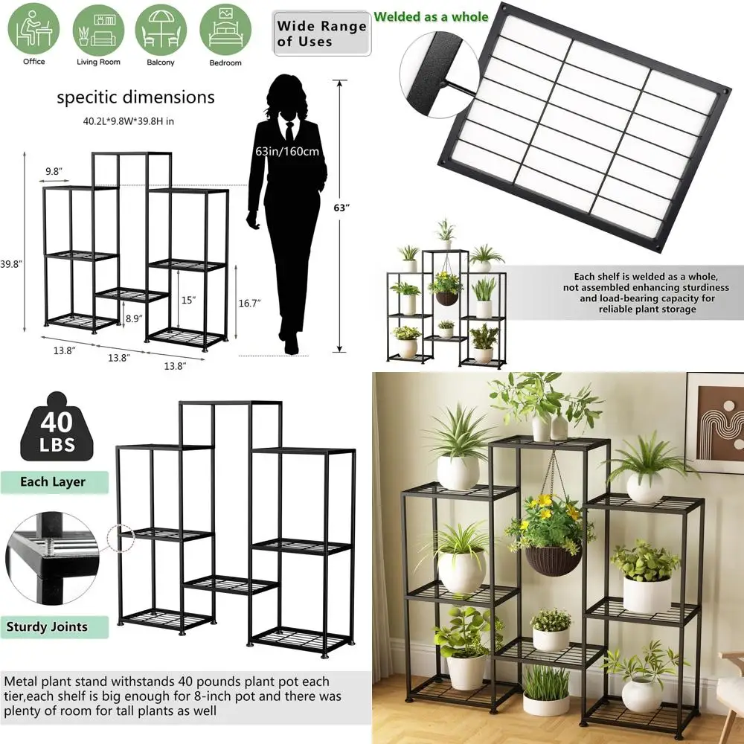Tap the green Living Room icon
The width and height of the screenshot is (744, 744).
tap(97, 30)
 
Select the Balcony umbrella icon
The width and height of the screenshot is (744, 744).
tap(160, 30)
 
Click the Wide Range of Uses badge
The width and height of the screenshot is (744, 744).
tap(321, 33)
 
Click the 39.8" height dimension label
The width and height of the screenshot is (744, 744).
tap(13, 263)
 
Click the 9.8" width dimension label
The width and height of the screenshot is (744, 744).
tap(54, 171)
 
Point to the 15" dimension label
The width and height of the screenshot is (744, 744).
tap(188, 300)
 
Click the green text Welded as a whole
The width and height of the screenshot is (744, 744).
tap(431, 16)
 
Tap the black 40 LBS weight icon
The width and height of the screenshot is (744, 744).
tap(56, 429)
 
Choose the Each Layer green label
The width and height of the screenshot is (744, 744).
tap(53, 481)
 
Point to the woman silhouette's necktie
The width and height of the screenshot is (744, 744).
tap(288, 131)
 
